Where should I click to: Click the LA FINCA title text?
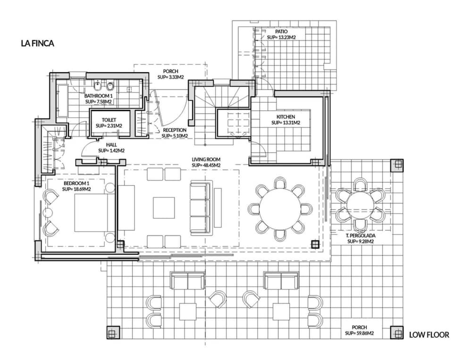pyautogui.click(x=37, y=43)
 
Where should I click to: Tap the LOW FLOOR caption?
pyautogui.click(x=429, y=334)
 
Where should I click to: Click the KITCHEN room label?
pyautogui.click(x=286, y=117)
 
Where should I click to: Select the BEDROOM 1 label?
pyautogui.click(x=76, y=183)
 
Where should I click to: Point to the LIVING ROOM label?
pyautogui.click(x=206, y=159)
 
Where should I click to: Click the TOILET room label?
pyautogui.click(x=109, y=120)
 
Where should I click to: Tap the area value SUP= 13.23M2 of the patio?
pyautogui.click(x=281, y=38)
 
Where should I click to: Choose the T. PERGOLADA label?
pyautogui.click(x=360, y=236)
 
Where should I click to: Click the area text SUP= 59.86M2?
pyautogui.click(x=359, y=333)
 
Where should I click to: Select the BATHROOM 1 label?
pyautogui.click(x=98, y=96)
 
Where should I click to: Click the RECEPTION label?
pyautogui.click(x=175, y=130)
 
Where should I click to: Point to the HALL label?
pyautogui.click(x=111, y=145)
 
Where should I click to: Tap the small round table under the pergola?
pyautogui.click(x=360, y=206)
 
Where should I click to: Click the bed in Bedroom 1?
pyautogui.click(x=94, y=213)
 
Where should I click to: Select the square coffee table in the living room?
pyautogui.click(x=164, y=208)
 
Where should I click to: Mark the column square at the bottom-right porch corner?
pyautogui.click(x=397, y=333)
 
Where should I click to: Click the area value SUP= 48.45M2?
pyautogui.click(x=206, y=165)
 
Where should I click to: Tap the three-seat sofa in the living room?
pyautogui.click(x=200, y=208)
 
